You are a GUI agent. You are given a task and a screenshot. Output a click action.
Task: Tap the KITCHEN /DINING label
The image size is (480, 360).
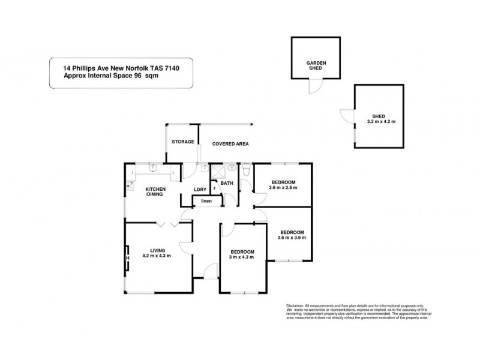(x=155, y=192)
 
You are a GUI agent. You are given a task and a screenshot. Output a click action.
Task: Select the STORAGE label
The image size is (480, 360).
(x=183, y=142)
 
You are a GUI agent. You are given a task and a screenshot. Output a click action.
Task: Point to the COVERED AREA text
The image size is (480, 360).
(x=230, y=144)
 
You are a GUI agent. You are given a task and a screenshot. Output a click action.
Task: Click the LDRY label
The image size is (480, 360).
(x=200, y=190)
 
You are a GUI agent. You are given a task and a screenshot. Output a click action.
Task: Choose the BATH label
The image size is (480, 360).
(x=227, y=183)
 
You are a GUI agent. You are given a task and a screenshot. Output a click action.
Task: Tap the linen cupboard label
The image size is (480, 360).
(x=206, y=201)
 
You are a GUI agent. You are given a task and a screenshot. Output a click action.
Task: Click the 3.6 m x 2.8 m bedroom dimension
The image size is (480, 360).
(x=283, y=187)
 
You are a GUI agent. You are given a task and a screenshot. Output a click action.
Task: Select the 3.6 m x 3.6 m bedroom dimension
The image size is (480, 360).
(x=292, y=238)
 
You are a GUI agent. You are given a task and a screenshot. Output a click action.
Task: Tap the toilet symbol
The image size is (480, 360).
(x=247, y=173)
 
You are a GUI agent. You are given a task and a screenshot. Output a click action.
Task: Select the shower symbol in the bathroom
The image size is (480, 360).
(x=207, y=170)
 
